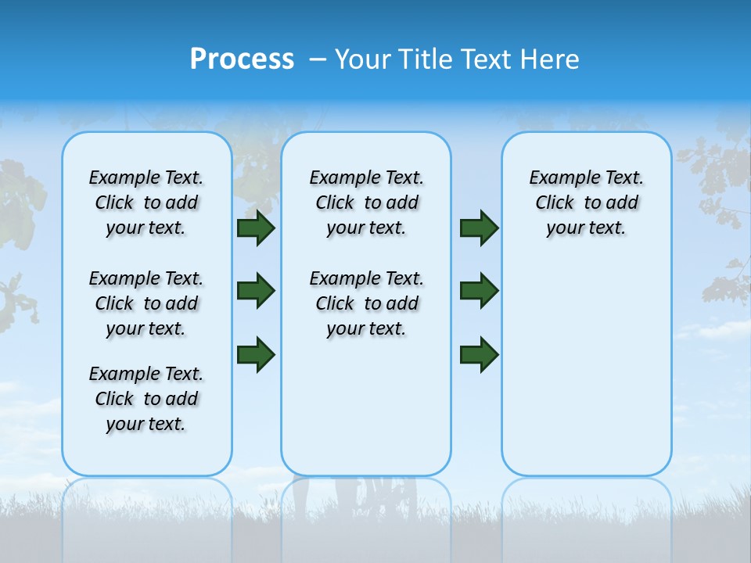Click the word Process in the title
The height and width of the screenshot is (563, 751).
click(242, 59)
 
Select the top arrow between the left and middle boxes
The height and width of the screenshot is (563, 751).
click(256, 228)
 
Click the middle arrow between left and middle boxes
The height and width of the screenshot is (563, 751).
click(256, 291)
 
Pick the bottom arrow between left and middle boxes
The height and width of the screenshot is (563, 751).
click(256, 354)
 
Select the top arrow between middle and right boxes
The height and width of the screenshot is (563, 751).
click(479, 228)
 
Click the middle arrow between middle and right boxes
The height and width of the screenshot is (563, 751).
click(479, 291)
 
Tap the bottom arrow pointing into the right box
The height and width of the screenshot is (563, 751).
click(479, 354)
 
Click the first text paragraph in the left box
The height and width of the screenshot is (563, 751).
click(146, 203)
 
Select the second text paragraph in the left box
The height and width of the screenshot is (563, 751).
click(146, 303)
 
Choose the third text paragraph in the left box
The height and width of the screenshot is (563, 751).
click(146, 399)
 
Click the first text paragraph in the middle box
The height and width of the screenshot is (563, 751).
click(366, 203)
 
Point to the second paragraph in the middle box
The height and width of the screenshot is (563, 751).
click(366, 303)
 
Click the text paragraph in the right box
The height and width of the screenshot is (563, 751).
click(586, 203)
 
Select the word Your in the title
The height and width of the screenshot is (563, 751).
click(363, 59)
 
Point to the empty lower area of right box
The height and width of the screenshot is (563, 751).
click(586, 375)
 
